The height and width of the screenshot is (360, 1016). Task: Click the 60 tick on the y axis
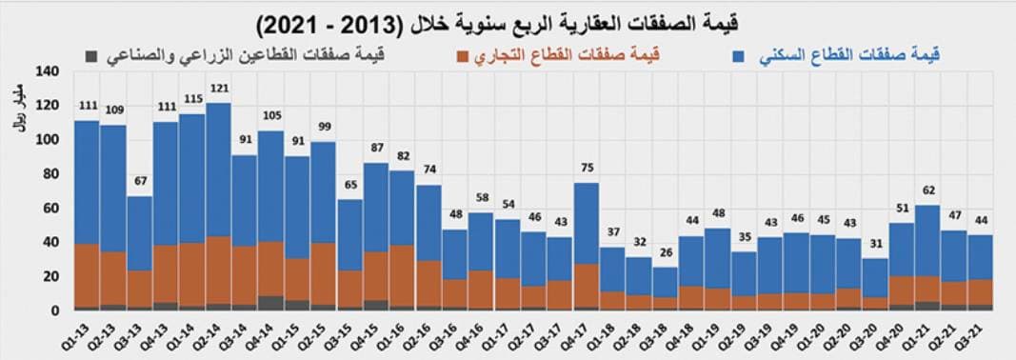tap(51, 208)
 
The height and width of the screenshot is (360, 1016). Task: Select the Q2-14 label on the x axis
tap(217, 334)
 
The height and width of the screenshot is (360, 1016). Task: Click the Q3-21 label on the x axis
tap(981, 334)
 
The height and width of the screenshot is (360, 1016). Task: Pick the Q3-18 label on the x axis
tap(665, 334)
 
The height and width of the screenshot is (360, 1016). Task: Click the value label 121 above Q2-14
tap(219, 90)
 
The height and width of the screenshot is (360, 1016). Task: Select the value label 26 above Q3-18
tap(667, 253)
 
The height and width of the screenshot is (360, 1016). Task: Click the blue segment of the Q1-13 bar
tap(87, 181)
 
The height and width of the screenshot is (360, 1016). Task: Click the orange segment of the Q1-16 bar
tap(403, 275)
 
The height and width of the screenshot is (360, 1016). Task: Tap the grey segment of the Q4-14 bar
tap(271, 303)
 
